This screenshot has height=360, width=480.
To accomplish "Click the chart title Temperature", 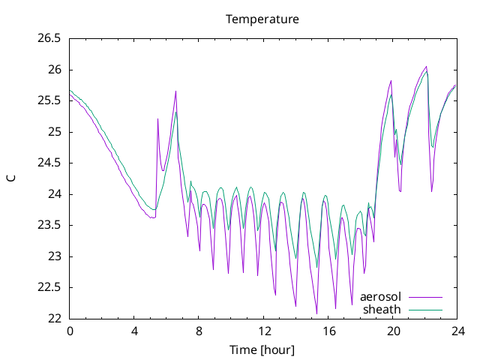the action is click(262, 19).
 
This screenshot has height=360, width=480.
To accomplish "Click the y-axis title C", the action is click(11, 178).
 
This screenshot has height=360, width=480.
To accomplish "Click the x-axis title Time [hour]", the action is click(262, 349).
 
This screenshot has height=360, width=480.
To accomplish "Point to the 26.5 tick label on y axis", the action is click(49, 38).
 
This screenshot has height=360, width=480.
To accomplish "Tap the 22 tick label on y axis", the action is click(55, 319).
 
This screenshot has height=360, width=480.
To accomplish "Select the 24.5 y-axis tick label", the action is click(49, 163).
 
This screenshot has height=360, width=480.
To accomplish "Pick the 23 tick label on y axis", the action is click(55, 256).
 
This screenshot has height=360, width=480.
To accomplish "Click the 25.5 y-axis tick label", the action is click(49, 100).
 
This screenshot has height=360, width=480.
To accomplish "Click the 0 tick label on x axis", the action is click(70, 331).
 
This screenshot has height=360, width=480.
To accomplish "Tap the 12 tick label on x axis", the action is click(264, 331).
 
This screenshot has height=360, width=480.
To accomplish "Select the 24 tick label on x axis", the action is click(457, 331).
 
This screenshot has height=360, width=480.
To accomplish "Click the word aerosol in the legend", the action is click(380, 297).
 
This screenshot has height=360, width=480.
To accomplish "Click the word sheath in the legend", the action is click(382, 310).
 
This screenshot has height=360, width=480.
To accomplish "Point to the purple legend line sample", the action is click(425, 297).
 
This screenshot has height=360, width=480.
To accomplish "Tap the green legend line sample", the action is click(425, 310).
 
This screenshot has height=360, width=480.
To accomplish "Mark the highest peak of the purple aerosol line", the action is click(426, 67).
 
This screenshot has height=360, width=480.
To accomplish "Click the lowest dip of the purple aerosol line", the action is click(316, 313).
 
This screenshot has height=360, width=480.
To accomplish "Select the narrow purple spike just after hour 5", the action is click(157, 118).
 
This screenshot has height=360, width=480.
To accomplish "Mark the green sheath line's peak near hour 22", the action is click(427, 71).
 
